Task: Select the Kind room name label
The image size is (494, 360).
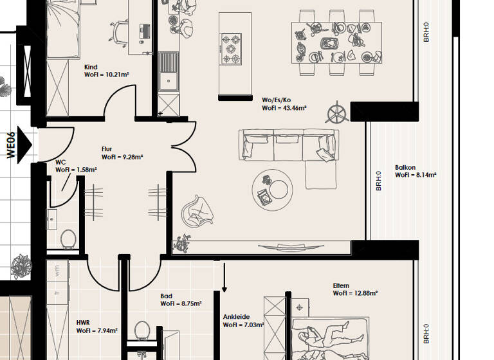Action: (x=91, y=67)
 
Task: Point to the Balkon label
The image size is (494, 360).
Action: (x=405, y=166)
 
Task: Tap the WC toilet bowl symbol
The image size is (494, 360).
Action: (x=68, y=239)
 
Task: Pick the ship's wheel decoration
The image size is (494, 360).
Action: (x=337, y=114)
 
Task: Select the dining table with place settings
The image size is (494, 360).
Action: (x=336, y=43)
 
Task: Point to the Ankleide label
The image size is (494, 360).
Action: (x=236, y=317)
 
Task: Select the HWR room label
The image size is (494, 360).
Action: (x=82, y=322)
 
